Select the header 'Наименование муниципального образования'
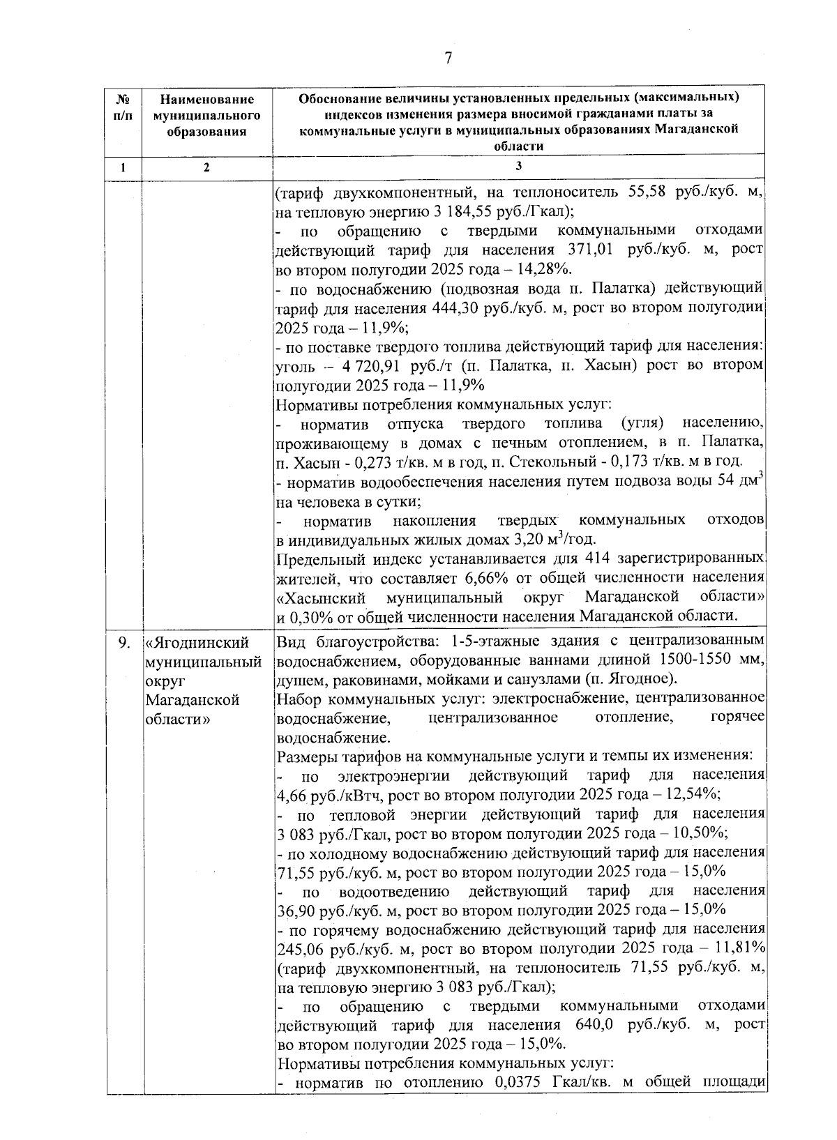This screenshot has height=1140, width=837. coord(206,116)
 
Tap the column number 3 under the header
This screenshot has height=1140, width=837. coord(518,166)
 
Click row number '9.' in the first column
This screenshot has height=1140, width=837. coord(123,642)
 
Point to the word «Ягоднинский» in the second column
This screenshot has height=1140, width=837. coord(197,642)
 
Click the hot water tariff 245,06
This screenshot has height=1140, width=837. coord(301,948)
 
